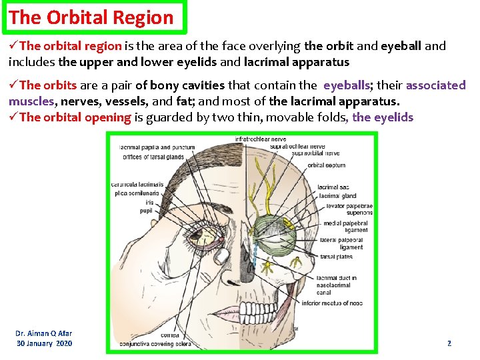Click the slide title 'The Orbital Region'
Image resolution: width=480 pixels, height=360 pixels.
91,17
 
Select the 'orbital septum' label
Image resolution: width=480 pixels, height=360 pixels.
326,165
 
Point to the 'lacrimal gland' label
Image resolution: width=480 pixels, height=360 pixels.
337,196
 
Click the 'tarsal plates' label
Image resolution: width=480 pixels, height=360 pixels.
337,257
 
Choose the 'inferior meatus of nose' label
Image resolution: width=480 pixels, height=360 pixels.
332,303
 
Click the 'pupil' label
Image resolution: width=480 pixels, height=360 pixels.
145,211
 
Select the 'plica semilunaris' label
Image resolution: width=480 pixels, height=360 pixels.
135,193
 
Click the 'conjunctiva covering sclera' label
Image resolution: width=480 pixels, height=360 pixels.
155,344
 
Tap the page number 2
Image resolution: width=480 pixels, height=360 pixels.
449,343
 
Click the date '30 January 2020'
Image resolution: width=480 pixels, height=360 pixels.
45,343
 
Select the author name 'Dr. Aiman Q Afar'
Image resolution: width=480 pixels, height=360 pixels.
44,333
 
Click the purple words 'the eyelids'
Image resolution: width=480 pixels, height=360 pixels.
383,117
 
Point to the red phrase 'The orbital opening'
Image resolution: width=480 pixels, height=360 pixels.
75,117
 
